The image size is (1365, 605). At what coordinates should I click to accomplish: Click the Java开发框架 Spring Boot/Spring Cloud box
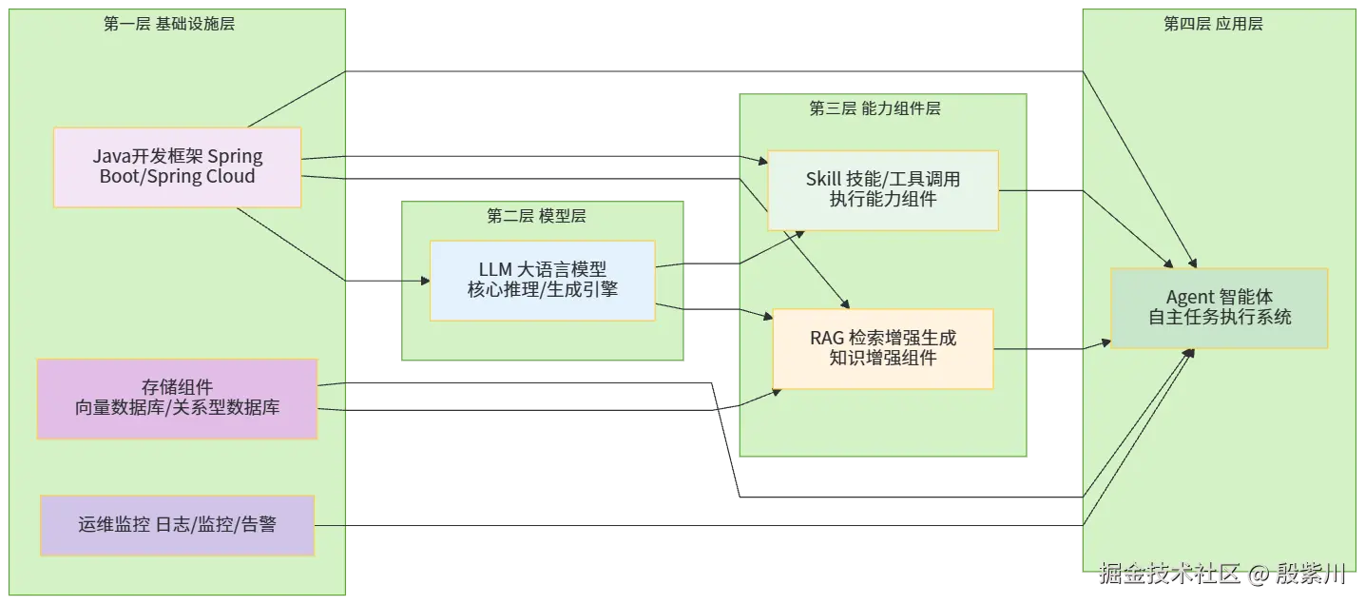[177, 167]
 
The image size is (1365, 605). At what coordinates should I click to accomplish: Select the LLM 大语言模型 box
[542, 281]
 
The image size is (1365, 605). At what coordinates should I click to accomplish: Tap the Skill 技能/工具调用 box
[882, 189]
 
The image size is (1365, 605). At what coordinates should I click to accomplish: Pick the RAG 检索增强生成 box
[882, 348]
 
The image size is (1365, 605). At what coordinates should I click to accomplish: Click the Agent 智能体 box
[1219, 307]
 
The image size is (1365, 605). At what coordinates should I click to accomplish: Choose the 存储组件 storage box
[177, 399]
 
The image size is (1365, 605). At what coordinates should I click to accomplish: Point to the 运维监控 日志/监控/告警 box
[177, 525]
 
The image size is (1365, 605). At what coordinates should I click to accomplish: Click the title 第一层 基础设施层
[169, 25]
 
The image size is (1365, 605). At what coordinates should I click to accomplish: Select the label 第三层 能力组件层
[875, 109]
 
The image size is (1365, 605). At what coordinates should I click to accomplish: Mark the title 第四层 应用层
[1213, 25]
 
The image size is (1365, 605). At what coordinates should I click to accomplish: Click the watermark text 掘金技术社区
[1169, 574]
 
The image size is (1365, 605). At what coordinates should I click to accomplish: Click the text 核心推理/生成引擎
[542, 289]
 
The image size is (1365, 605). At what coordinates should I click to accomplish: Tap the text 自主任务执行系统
[1219, 318]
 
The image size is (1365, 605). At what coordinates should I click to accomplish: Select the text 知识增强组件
[882, 359]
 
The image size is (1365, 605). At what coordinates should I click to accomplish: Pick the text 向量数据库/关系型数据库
[177, 409]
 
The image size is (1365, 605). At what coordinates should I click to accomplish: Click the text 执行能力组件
[882, 200]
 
